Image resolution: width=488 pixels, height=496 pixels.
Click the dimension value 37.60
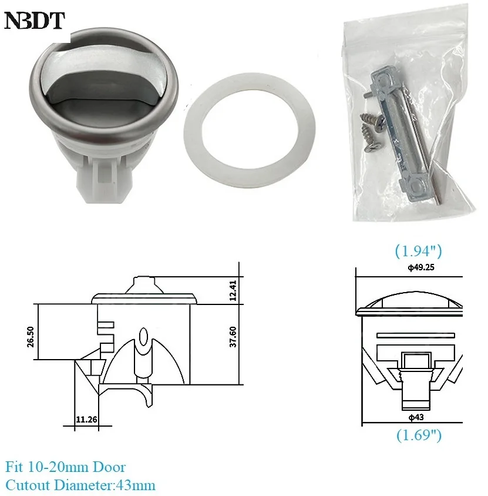234,337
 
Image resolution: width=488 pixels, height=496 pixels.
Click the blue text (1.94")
418,252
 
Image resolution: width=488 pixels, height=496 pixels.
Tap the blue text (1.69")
418,435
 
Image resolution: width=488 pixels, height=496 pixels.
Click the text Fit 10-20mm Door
66,468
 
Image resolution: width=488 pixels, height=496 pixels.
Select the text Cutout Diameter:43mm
80,485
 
